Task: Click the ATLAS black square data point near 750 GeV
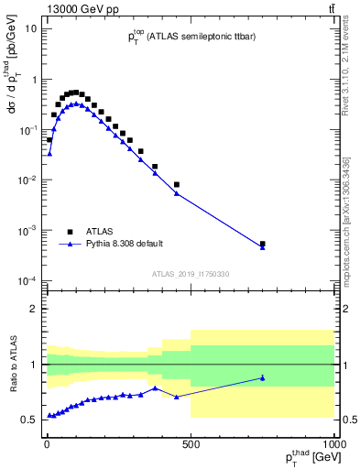pyautogui.click(x=262, y=244)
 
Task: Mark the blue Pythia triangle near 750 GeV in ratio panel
pyautogui.click(x=262, y=377)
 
